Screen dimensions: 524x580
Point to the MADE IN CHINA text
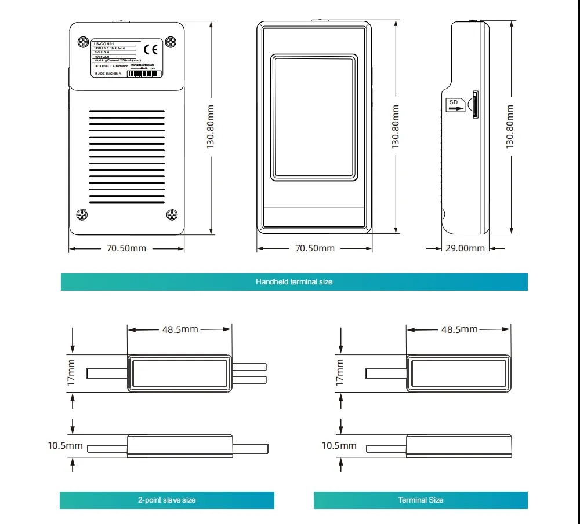pos(107,74)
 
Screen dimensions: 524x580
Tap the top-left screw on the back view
pos(82,42)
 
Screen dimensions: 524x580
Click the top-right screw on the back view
pos(171,42)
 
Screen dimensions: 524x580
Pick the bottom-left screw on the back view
pos(82,215)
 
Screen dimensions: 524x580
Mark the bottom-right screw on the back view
pos(172,215)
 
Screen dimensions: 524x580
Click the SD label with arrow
pos(455,105)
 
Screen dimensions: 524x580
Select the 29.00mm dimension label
pos(465,248)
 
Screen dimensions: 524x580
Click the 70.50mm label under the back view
pos(126,248)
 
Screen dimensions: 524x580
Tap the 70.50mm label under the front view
pos(315,248)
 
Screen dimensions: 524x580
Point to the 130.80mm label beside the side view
pos(510,126)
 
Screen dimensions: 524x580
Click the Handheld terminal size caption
pos(294,281)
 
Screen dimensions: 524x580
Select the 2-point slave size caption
pos(166,500)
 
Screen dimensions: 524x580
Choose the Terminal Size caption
pos(420,500)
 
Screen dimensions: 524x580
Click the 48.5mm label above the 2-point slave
pos(180,329)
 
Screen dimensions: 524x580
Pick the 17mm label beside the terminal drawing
pos(339,373)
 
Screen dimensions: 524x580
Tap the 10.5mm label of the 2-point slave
pos(66,446)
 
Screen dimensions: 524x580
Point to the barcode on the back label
pos(147,74)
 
